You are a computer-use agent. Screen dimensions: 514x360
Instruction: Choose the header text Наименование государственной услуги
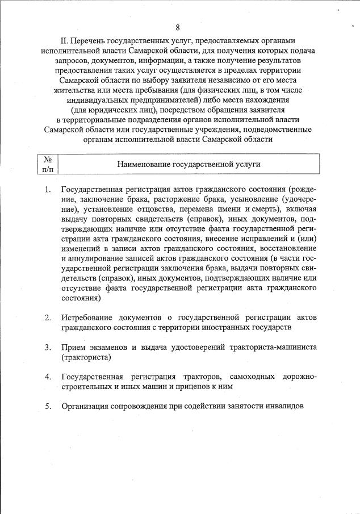click(x=189, y=164)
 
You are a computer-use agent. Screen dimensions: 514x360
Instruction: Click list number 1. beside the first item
click(x=48, y=189)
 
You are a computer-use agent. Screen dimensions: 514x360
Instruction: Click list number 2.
click(x=48, y=317)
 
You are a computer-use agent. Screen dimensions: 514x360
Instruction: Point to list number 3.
click(x=48, y=347)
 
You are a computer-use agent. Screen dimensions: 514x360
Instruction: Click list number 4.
click(x=48, y=377)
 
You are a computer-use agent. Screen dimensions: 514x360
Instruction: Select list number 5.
click(x=48, y=406)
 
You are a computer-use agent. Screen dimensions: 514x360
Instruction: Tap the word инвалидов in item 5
click(x=284, y=406)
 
